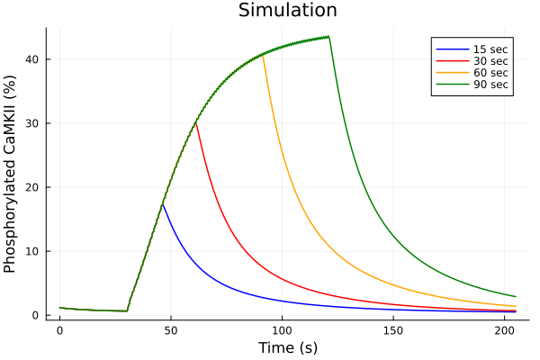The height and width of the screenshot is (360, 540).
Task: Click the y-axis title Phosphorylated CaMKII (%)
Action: [11, 173]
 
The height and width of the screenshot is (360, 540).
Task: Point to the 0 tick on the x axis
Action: [59, 330]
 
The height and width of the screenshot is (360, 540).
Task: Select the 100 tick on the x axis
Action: [282, 330]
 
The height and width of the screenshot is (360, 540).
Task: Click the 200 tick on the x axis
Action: [504, 330]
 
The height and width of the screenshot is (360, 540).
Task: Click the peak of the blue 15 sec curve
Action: [162, 204]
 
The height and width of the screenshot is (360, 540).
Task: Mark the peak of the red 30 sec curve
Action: [195, 121]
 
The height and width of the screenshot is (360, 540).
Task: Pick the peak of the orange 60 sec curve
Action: [262, 54]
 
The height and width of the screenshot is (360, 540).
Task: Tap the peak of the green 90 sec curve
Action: [328, 37]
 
